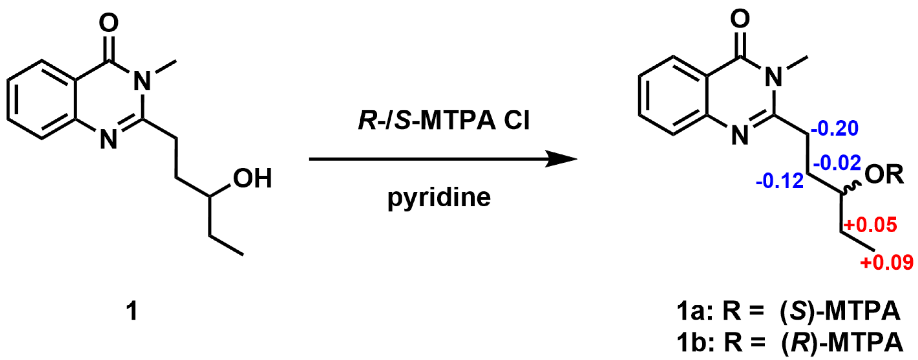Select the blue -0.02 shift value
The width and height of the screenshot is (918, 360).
pos(837,163)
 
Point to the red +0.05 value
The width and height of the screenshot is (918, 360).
pos(870,225)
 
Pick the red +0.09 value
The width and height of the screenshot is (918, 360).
pos(887,263)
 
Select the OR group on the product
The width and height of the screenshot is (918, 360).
pos(884,174)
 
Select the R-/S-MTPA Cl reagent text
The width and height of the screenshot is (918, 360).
pos(444,120)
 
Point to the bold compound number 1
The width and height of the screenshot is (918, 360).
pos(132,311)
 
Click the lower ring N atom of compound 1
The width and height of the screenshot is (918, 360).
pos(108,139)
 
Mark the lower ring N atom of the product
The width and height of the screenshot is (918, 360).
pos(740,135)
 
